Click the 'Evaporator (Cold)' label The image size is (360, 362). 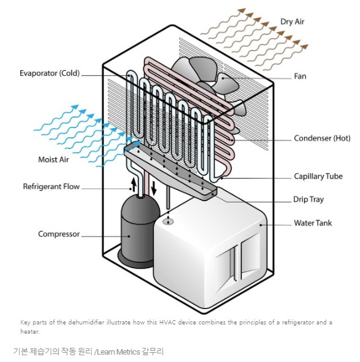point(50,73)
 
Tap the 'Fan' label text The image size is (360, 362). point(300,76)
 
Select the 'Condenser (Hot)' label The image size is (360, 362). point(322,138)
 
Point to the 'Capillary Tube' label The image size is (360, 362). point(318,176)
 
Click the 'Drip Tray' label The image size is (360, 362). point(308,199)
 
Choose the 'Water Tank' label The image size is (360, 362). point(313,223)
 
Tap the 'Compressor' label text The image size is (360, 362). point(59,234)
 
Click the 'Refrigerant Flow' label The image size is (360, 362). point(51,187)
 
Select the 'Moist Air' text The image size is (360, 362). point(54,159)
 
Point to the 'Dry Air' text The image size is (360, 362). point(292,22)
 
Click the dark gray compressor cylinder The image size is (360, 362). point(139,231)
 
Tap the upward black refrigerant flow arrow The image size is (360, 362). point(134,184)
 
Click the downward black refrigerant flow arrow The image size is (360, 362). point(154,187)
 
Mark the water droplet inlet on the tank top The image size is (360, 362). point(168,222)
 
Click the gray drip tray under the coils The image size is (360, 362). point(171,171)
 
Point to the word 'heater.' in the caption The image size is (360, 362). point(30,331)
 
